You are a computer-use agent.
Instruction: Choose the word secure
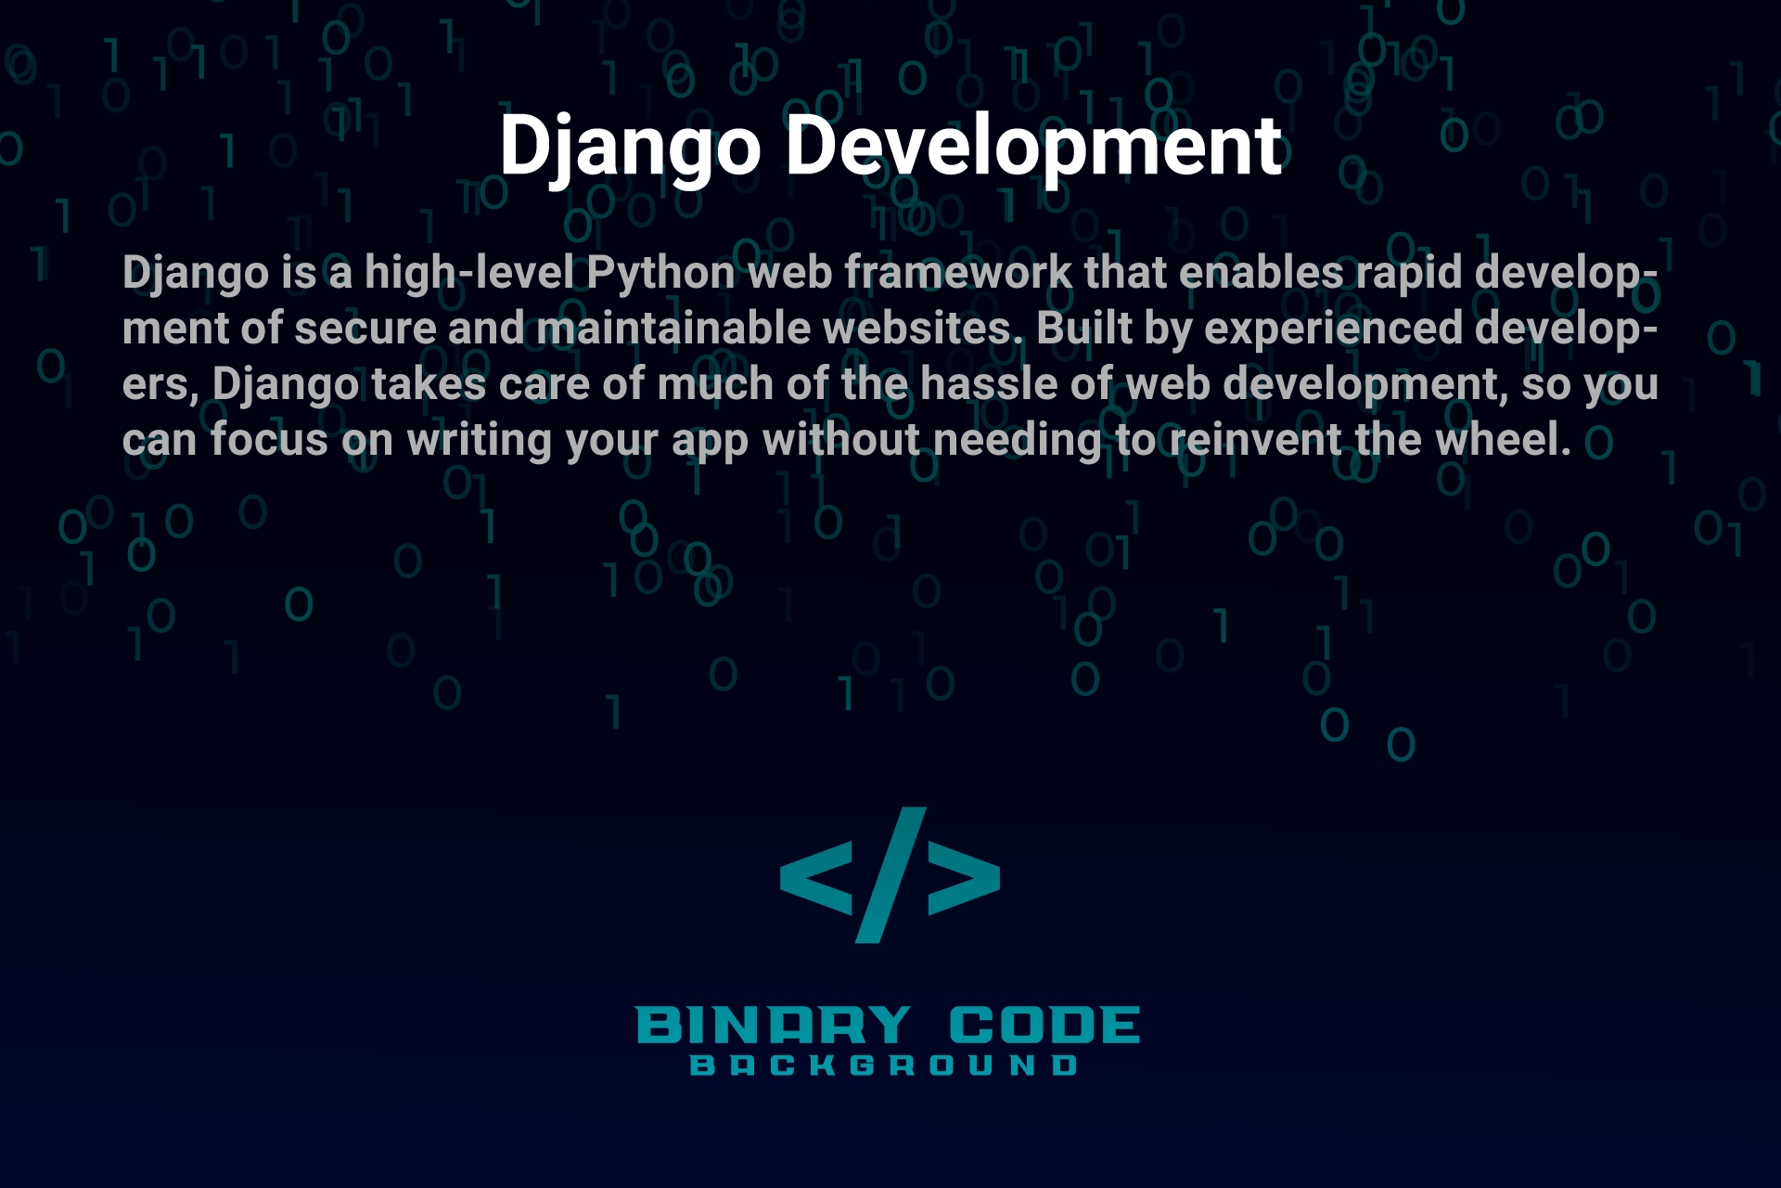click(x=365, y=329)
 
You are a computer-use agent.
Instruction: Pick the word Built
click(x=1084, y=329)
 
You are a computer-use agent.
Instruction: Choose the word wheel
click(x=1504, y=440)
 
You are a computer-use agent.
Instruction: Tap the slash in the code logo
click(x=890, y=875)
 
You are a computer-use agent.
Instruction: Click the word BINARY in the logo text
click(x=774, y=1026)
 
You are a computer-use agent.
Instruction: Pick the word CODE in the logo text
click(x=1044, y=1026)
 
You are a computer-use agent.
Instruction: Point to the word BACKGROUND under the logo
click(x=884, y=1065)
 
